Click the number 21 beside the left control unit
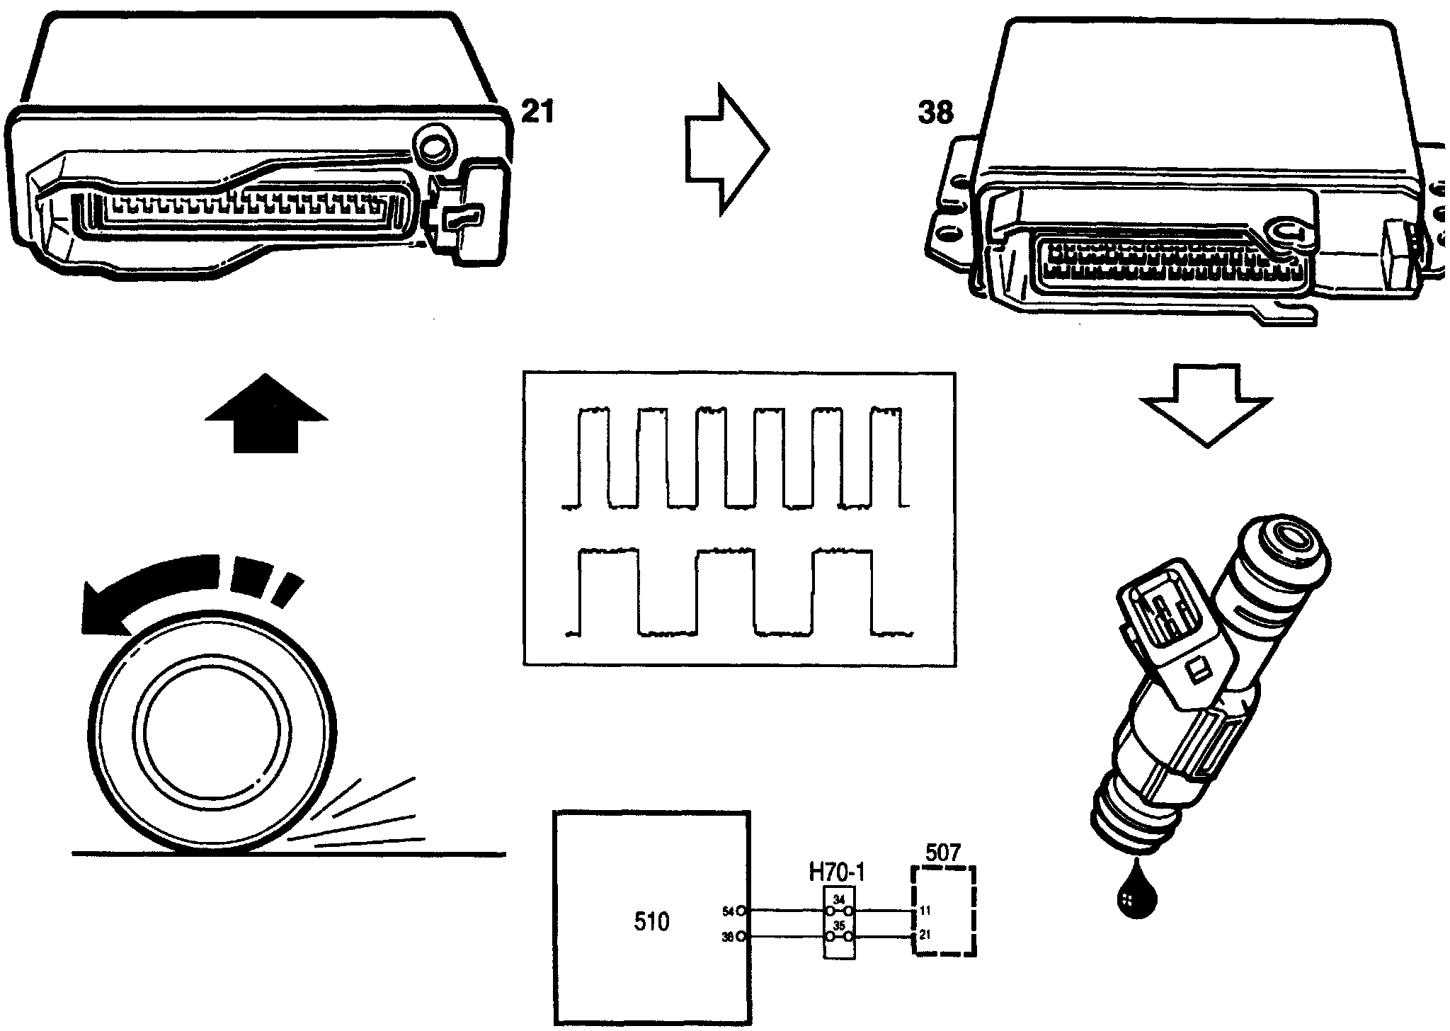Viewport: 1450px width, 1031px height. pyautogui.click(x=537, y=112)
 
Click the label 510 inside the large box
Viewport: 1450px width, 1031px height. pyautogui.click(x=651, y=922)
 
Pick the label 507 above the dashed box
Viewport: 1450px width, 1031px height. pyautogui.click(x=942, y=853)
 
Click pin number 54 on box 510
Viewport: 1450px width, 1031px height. pyautogui.click(x=727, y=911)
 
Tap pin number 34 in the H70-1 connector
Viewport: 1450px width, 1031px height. pyautogui.click(x=839, y=900)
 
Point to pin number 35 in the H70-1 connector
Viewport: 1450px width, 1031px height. pyautogui.click(x=839, y=925)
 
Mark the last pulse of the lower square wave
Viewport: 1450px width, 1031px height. pyautogui.click(x=842, y=591)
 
